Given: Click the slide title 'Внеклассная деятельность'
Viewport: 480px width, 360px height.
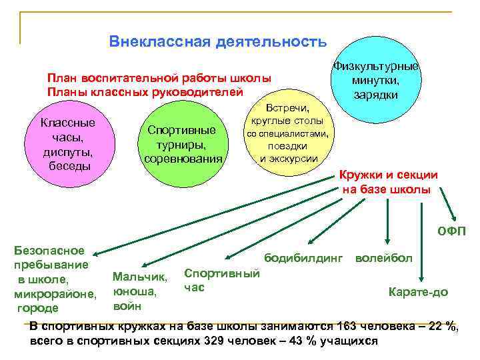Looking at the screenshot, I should point(218,42).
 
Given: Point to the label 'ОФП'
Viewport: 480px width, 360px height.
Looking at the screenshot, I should point(451,232).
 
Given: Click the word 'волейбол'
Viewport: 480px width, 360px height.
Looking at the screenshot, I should point(385,257).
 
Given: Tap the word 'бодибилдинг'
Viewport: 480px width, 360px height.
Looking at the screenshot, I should point(303,257).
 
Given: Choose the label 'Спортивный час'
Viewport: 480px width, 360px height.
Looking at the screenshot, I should point(221,281).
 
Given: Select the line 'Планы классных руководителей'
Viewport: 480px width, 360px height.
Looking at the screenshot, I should point(145,91).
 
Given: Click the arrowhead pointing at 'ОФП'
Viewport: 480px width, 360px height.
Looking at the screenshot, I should point(453,219).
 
